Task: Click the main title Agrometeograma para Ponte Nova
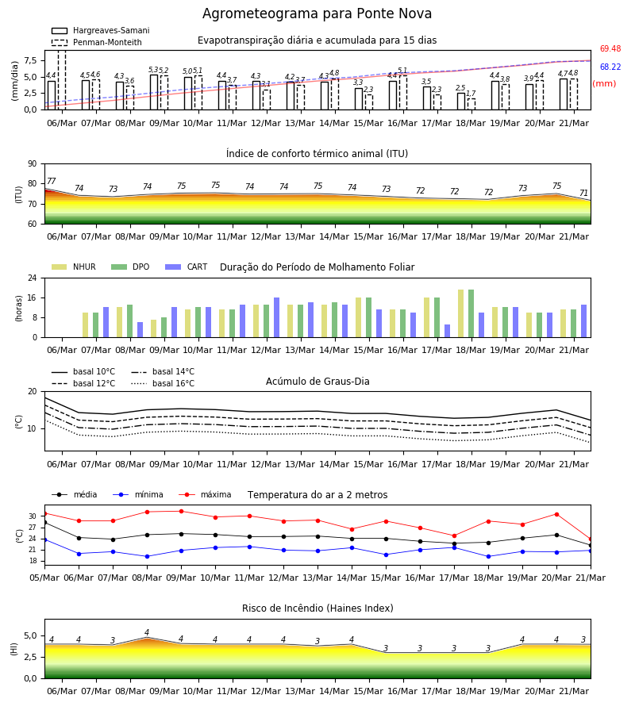(317, 13)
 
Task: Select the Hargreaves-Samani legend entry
(100, 30)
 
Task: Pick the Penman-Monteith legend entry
(97, 42)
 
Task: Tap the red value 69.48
(610, 48)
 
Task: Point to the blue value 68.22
(610, 67)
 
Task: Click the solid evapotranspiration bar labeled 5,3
(154, 92)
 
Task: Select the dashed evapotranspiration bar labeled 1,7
(471, 104)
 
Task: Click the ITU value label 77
(52, 181)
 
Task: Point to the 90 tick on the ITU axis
(33, 164)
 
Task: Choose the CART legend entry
(186, 267)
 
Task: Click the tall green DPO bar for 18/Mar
(471, 313)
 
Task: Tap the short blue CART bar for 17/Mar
(448, 331)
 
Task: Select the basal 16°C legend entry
(163, 384)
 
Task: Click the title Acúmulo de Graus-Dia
(317, 382)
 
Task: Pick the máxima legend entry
(205, 494)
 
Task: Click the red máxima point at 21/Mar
(591, 539)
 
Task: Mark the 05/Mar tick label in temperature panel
(44, 578)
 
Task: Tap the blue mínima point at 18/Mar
(489, 556)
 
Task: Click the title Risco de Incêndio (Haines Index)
(317, 608)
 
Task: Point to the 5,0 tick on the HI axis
(31, 636)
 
